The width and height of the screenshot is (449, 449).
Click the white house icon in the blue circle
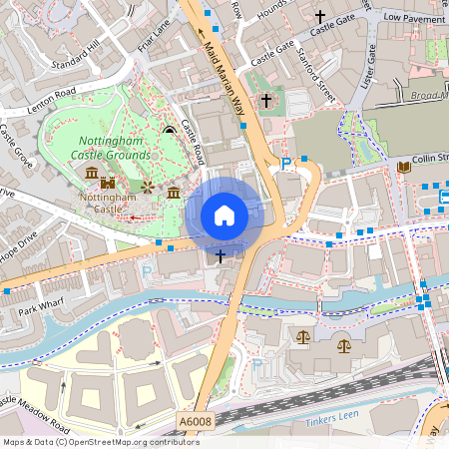tap(224, 216)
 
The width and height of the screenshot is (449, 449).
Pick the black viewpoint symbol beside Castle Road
tap(169, 129)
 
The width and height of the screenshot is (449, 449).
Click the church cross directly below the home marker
tap(221, 256)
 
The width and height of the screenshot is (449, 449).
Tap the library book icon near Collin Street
tap(403, 167)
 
